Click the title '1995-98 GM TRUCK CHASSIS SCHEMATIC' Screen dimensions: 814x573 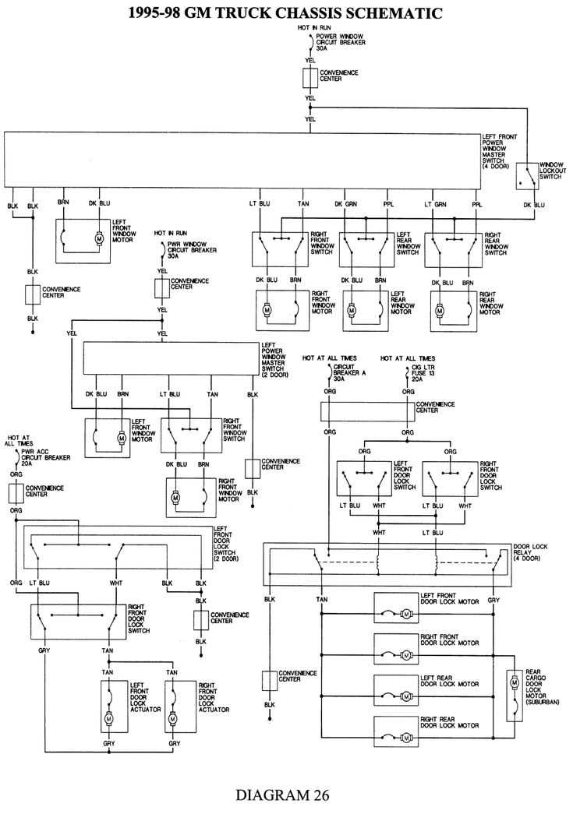point(286,12)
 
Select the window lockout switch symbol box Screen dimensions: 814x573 point(526,175)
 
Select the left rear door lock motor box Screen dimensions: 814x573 point(396,689)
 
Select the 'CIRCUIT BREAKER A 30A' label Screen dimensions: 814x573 point(350,374)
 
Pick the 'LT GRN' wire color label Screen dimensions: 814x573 point(435,204)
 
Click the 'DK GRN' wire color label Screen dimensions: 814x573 point(345,204)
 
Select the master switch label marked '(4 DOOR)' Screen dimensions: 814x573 point(496,152)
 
